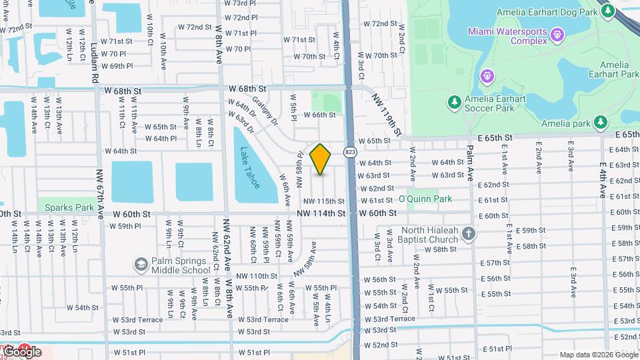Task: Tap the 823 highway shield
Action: (349, 152)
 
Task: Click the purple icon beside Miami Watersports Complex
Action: (558, 33)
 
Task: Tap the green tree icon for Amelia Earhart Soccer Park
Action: (455, 101)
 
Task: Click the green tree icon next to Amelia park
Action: (601, 122)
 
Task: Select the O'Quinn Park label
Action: (425, 199)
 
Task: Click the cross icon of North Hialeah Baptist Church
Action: (469, 233)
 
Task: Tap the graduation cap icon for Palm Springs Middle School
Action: (141, 265)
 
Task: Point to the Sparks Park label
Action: (69, 207)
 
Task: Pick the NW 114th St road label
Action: (323, 213)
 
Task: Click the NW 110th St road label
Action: (256, 275)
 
